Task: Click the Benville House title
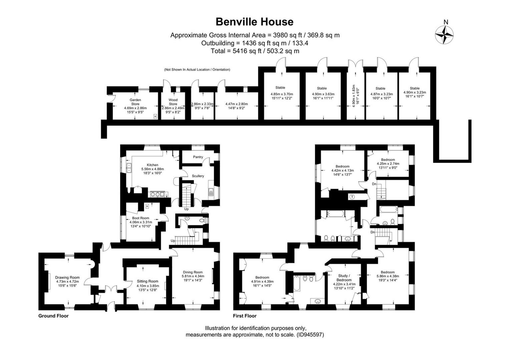254,22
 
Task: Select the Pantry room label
198,157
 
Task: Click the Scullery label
198,176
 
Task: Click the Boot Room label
140,218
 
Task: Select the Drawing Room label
67,277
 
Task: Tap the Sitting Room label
147,281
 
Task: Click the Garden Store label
135,102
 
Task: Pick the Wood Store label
173,102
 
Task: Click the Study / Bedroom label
344,278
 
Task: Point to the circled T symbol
352,197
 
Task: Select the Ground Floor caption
53,316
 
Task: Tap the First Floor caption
244,316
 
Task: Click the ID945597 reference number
310,335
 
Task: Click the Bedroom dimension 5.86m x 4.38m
388,276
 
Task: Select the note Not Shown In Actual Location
197,70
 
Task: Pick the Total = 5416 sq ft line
255,51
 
